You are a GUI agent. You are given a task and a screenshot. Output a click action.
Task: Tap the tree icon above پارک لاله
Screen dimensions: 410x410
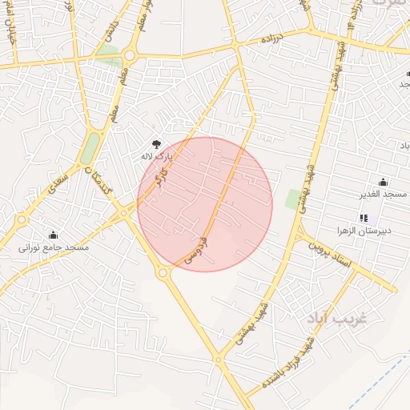click(157, 142)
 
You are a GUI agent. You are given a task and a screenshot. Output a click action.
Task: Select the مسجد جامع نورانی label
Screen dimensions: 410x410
click(54, 248)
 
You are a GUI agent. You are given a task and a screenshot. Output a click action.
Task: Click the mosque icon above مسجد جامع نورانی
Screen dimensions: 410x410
click(54, 235)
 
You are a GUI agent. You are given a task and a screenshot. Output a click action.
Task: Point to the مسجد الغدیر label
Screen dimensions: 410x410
click(383, 195)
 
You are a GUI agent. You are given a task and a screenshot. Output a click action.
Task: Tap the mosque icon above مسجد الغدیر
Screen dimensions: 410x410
click(383, 181)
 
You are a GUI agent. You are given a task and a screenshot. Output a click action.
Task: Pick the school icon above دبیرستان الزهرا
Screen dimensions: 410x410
click(364, 217)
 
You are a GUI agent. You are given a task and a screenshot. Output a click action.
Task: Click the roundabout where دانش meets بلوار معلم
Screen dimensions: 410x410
click(130, 55)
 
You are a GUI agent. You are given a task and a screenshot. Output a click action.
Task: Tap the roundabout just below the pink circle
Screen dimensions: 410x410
click(163, 274)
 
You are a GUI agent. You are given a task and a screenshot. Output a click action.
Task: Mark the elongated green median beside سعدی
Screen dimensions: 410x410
click(91, 147)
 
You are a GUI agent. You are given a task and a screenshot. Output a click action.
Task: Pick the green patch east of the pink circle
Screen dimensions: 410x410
click(293, 199)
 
